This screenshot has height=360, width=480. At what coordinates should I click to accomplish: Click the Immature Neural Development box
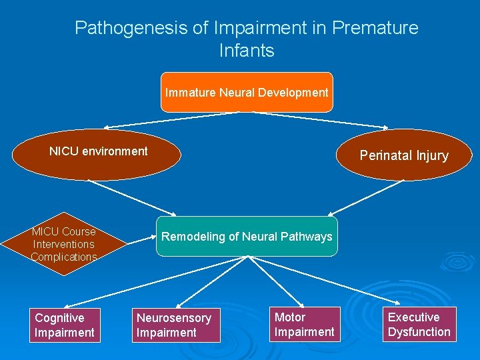(247, 93)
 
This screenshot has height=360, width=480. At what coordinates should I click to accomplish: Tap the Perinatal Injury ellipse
(404, 155)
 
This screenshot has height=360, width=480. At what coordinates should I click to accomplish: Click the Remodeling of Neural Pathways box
(247, 237)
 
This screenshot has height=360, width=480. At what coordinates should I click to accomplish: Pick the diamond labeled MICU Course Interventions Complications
(64, 244)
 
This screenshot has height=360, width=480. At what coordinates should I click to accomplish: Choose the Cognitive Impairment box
(64, 325)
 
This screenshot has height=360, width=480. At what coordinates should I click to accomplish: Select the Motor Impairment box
(305, 324)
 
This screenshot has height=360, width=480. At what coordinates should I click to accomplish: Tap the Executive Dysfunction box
(419, 324)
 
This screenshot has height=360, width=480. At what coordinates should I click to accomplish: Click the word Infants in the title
(246, 51)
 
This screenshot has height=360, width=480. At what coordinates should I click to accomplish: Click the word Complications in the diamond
(64, 257)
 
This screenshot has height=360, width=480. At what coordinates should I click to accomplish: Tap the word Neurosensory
(173, 318)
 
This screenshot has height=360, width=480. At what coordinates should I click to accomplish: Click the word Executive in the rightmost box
(413, 317)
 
